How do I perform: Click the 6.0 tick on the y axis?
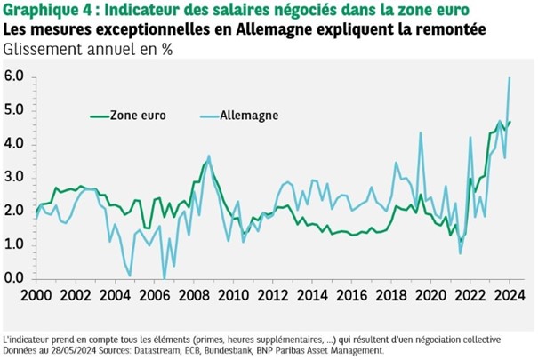[14, 77]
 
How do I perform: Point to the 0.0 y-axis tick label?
[14, 278]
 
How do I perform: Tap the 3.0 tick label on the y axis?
[14, 178]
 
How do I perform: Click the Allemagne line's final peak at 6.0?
[510, 78]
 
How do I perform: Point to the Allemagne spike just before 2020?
[419, 133]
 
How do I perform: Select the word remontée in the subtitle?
[450, 28]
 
